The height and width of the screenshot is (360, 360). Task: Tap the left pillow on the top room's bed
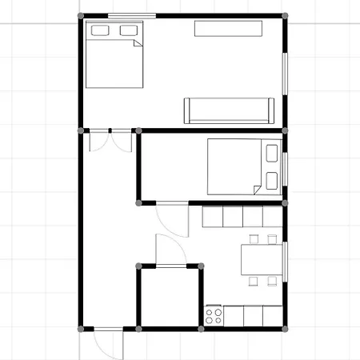point(100,30)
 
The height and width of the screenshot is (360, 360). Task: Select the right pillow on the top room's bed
point(128,30)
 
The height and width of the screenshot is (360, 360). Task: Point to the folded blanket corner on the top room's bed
point(138,42)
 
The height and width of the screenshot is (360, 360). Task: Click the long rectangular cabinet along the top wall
point(228,29)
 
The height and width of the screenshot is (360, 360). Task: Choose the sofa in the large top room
point(230,110)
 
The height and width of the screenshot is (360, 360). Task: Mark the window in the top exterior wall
point(132,16)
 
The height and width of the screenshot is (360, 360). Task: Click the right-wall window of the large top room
point(285,76)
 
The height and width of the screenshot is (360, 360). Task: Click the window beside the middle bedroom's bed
point(285,166)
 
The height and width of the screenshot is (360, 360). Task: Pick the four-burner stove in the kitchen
point(214,314)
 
